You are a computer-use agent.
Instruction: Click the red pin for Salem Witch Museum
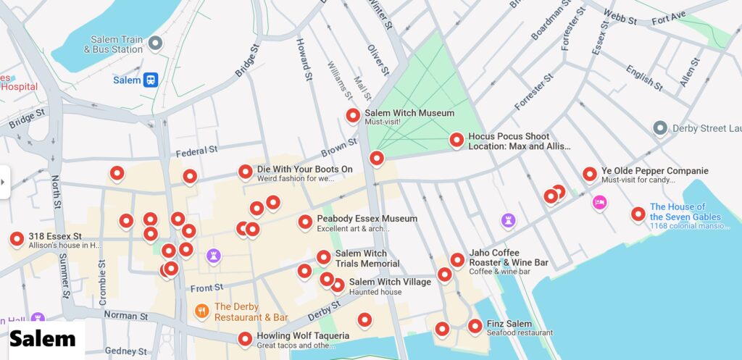pos(353,115)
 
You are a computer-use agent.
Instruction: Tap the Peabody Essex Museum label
pos(367,219)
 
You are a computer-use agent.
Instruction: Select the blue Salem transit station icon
pos(151,80)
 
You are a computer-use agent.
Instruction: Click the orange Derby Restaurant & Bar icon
pos(201,311)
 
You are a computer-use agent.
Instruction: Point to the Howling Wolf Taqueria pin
pos(245,338)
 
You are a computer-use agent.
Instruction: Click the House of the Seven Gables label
pos(685,212)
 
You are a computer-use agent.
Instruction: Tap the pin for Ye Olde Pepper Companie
pos(590,174)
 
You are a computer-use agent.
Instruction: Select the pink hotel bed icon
pos(599,202)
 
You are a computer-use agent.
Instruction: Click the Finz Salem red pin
pos(475,326)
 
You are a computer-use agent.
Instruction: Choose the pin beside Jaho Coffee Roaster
pos(457,259)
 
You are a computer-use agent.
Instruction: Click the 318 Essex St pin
pos(17,238)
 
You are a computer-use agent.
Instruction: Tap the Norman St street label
pos(125,316)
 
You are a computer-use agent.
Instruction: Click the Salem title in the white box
pos(43,338)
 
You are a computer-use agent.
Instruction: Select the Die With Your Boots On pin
pos(246,172)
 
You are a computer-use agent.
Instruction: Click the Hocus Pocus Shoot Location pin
pos(457,139)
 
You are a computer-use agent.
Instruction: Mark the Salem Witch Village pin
pos(338,285)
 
